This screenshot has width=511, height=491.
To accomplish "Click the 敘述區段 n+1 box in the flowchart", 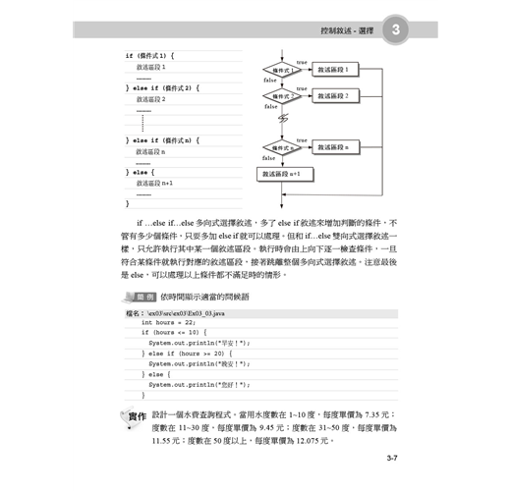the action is tap(285, 174).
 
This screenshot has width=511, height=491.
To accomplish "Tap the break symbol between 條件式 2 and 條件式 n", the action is tap(283, 120).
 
